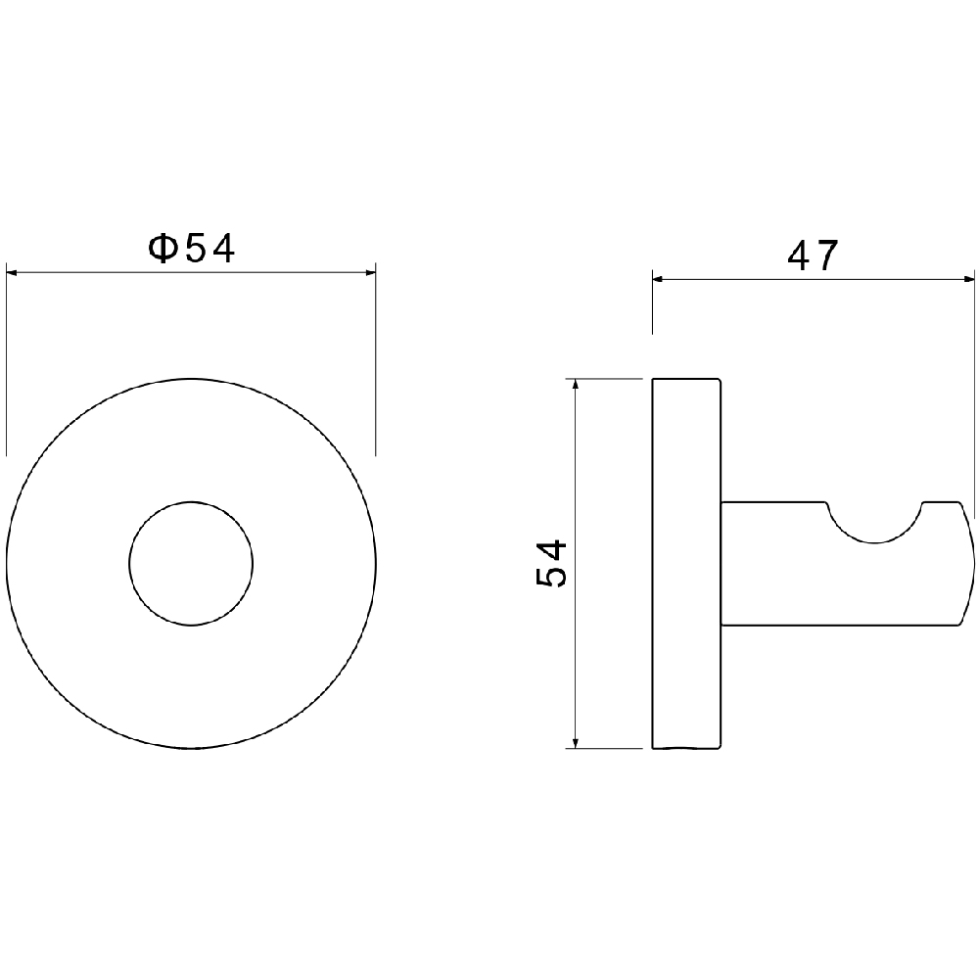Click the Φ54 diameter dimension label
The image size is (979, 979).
tap(192, 249)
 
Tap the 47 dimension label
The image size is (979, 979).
tap(813, 256)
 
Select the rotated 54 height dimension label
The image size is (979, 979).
tap(550, 564)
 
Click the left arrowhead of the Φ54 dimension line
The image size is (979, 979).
tap(13, 272)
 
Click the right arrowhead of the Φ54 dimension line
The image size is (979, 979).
tap(370, 272)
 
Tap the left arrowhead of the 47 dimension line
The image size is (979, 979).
tap(659, 280)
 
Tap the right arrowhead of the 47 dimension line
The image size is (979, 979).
tap(967, 280)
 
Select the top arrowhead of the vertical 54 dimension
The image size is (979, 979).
tap(576, 385)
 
